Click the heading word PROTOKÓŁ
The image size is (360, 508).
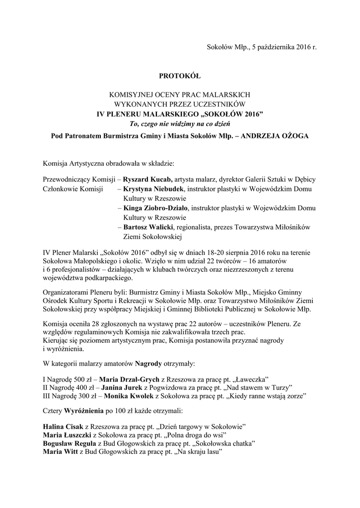click(x=179, y=76)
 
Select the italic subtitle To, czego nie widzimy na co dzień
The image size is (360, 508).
click(x=180, y=123)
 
